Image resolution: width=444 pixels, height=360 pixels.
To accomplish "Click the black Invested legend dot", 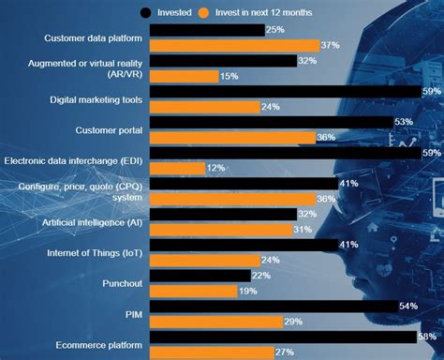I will tap(147, 12).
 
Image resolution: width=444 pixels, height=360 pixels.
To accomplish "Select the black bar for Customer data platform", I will tap(206, 31).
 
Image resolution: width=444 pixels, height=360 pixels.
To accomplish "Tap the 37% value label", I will tap(330, 46).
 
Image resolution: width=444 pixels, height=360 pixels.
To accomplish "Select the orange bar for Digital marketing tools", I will tap(204, 107).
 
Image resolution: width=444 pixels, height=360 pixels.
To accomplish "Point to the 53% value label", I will tap(405, 122).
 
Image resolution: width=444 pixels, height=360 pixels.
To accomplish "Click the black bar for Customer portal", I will tap(272, 122).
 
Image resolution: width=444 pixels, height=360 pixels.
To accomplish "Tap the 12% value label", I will tap(216, 168).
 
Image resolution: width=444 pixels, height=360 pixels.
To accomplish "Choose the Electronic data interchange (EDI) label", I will tap(74, 160).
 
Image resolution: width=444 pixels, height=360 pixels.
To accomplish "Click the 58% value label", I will tap(428, 337).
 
